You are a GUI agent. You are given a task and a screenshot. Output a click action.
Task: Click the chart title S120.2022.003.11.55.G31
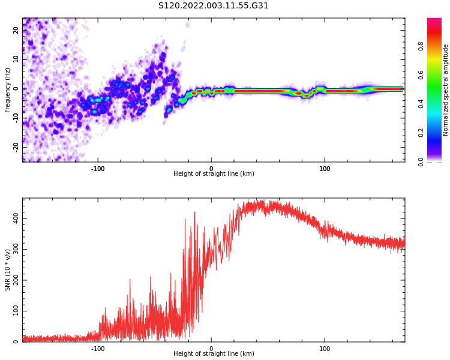213,6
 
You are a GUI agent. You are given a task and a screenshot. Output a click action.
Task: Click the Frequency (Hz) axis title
8,90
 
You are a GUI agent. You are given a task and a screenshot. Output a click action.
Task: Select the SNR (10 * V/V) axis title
8,270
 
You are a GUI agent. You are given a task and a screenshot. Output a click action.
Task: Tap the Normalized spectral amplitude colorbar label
445,90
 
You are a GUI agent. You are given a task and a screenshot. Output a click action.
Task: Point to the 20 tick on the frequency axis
16,30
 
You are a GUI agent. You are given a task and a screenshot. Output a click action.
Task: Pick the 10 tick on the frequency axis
16,59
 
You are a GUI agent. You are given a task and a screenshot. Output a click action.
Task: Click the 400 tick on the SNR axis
14,218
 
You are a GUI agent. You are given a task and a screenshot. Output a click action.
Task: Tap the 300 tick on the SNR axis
14,250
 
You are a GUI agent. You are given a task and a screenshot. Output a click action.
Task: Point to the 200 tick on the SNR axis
14,280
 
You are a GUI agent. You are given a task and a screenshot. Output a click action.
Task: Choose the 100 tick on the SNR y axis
14,311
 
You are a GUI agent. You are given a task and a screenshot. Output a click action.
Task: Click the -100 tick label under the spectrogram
98,169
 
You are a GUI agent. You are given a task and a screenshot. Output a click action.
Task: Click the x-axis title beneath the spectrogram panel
214,174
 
